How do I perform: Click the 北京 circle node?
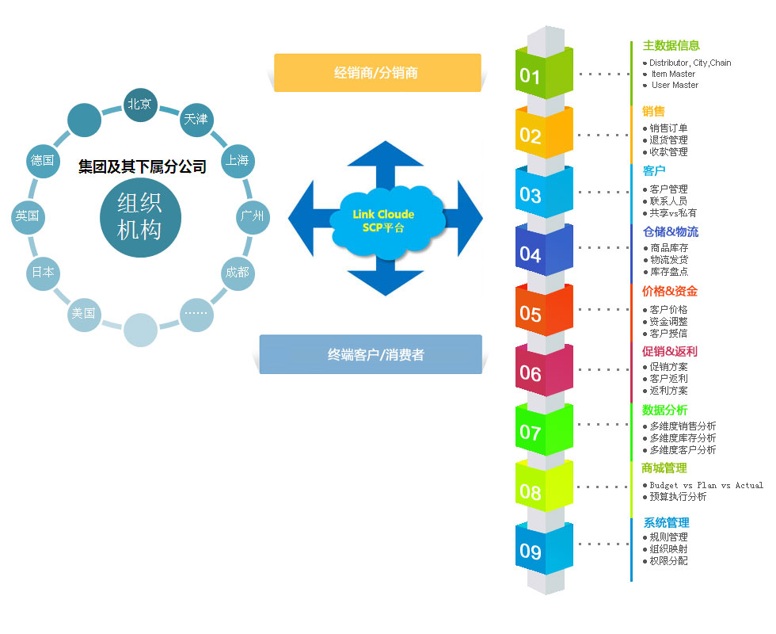point(140,105)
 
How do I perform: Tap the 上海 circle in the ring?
point(238,160)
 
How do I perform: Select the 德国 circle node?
point(43,160)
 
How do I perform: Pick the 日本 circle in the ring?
point(43,273)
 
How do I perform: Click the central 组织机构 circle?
point(141,217)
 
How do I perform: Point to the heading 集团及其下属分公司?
point(142,166)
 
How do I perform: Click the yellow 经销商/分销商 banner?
point(377,73)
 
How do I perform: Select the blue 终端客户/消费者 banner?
point(371,354)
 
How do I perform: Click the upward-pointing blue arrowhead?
point(385,154)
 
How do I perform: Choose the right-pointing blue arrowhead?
point(470,219)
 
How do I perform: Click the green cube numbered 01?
point(544,73)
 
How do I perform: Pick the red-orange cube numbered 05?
point(544,311)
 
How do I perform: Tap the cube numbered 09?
point(544,548)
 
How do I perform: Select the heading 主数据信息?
point(671,46)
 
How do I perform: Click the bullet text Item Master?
point(673,74)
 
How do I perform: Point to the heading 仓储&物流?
point(671,231)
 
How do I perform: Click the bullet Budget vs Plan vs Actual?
point(706,485)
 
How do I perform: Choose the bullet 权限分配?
point(668,561)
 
